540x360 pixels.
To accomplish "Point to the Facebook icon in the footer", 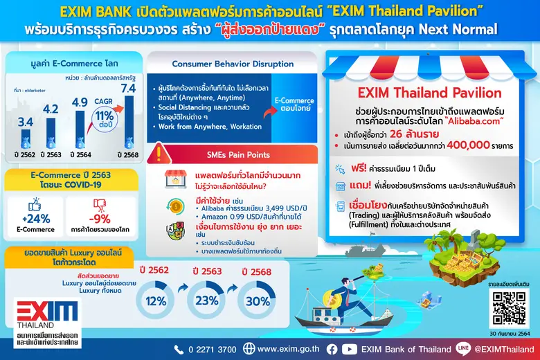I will (332, 349).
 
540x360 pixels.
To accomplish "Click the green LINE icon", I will (465, 349).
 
